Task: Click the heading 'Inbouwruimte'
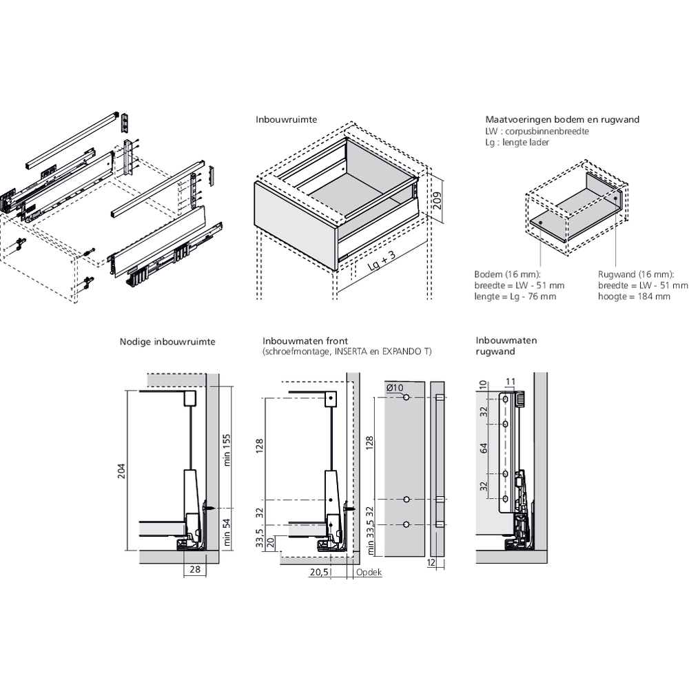(286, 119)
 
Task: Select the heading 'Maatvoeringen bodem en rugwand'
(562, 119)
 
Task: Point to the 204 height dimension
(122, 471)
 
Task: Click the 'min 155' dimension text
(227, 449)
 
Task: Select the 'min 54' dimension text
(227, 530)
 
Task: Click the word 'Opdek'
(369, 573)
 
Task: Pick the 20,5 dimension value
(318, 573)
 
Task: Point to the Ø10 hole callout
(394, 388)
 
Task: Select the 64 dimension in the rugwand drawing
(484, 449)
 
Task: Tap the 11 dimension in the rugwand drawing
(511, 381)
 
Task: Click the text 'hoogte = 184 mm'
(634, 297)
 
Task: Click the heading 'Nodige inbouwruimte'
(167, 341)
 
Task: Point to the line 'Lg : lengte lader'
(517, 141)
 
